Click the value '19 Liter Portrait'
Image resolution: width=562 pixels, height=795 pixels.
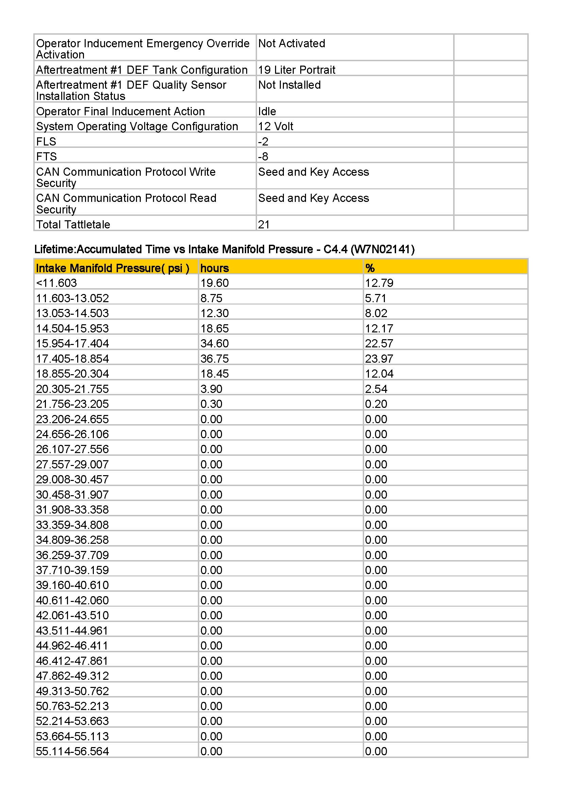click(x=296, y=70)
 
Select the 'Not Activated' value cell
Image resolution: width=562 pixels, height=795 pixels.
click(x=292, y=44)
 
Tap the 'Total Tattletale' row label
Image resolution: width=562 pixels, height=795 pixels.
click(x=73, y=225)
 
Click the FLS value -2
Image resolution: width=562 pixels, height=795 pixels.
click(x=263, y=142)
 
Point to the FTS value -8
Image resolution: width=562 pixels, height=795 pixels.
click(x=263, y=157)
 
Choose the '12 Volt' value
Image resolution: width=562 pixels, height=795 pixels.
click(x=276, y=126)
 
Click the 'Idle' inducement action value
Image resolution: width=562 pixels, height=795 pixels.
click(x=267, y=111)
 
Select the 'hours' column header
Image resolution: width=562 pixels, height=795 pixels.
click(x=214, y=269)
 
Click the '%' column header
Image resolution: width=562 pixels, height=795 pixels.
click(x=370, y=269)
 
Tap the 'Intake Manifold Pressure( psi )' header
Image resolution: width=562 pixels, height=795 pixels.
click(x=113, y=269)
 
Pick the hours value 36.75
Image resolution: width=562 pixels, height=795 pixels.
click(x=214, y=359)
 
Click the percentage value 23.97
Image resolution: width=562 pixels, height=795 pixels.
click(x=379, y=359)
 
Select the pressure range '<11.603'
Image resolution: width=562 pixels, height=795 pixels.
click(x=56, y=283)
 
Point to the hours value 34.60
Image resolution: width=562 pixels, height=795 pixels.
click(x=214, y=344)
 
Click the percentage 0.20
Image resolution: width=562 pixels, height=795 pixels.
click(x=376, y=404)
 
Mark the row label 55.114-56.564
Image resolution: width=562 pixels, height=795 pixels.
click(x=72, y=751)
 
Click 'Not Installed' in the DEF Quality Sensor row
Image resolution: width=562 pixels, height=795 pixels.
click(x=289, y=85)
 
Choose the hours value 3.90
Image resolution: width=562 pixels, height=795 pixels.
click(x=211, y=389)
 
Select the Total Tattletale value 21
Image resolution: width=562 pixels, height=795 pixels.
click(x=264, y=225)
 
